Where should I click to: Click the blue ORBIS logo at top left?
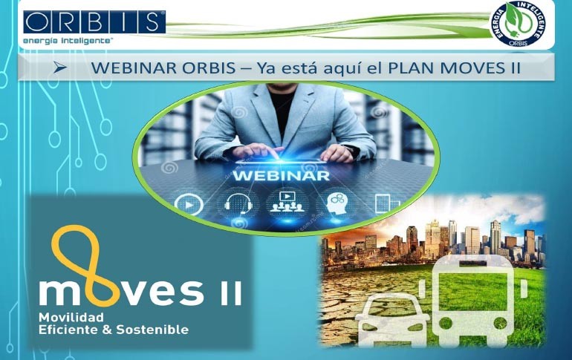(94, 22)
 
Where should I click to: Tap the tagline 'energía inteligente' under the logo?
(68, 40)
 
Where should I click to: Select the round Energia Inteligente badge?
(519, 24)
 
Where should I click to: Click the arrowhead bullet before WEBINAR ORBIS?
(60, 68)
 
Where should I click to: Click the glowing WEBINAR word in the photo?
(282, 176)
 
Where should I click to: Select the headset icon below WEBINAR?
(238, 203)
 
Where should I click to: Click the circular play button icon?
(189, 204)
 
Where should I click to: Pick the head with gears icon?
(337, 203)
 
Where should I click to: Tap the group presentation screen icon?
(287, 202)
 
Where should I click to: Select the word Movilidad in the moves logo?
(71, 318)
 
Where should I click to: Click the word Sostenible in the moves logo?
(152, 330)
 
